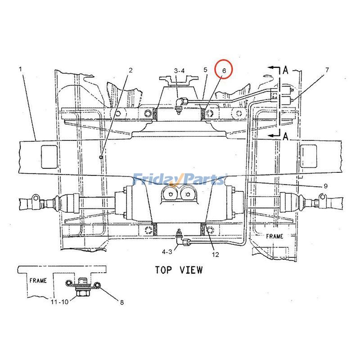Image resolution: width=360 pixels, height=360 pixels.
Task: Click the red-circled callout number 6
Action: coord(224,71)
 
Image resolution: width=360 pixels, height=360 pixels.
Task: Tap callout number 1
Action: coord(20,69)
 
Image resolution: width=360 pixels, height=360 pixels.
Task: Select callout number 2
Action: coord(130,70)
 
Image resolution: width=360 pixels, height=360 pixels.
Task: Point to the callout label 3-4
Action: coord(179,71)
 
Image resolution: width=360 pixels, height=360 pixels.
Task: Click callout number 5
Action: coord(205,70)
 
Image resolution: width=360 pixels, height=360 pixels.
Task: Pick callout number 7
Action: coord(327,70)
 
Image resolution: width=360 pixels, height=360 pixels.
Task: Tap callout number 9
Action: coord(325,186)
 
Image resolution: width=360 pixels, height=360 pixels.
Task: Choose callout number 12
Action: coord(216,254)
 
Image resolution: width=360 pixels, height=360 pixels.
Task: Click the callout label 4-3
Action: coord(167,252)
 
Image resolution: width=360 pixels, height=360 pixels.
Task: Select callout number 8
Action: coord(122,302)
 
